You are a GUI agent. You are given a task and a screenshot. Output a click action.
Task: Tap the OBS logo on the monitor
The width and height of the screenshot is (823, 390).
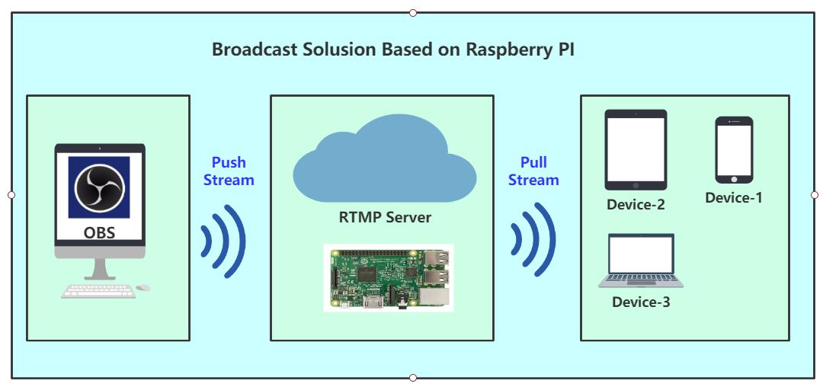point(99,187)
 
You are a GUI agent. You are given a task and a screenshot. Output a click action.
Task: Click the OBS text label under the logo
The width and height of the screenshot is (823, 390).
point(99,232)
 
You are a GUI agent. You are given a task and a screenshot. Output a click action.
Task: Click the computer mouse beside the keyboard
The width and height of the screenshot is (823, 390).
point(143,288)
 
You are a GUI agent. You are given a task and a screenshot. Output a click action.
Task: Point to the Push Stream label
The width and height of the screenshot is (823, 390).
point(229,171)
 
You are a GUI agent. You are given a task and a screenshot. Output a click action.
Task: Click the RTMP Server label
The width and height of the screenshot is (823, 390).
point(385,218)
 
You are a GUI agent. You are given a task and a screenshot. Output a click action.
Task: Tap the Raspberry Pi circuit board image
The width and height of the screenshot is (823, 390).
point(388,277)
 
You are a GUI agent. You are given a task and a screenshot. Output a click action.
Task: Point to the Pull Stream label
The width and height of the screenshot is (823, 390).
point(533,171)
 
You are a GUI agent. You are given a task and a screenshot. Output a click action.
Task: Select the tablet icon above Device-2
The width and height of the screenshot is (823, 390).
point(636,150)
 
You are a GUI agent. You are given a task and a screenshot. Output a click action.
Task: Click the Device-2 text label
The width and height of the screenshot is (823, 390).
point(636,205)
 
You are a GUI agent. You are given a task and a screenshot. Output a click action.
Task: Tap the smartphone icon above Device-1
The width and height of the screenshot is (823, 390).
point(734,149)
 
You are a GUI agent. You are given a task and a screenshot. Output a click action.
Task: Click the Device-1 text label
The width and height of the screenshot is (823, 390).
point(733,198)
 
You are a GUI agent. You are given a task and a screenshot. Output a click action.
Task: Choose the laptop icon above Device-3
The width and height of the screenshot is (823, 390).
point(641,261)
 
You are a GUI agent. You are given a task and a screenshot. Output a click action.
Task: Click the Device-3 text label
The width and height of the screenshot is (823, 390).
point(641,302)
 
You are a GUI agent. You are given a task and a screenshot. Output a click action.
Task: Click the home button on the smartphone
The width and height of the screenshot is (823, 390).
point(734,179)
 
